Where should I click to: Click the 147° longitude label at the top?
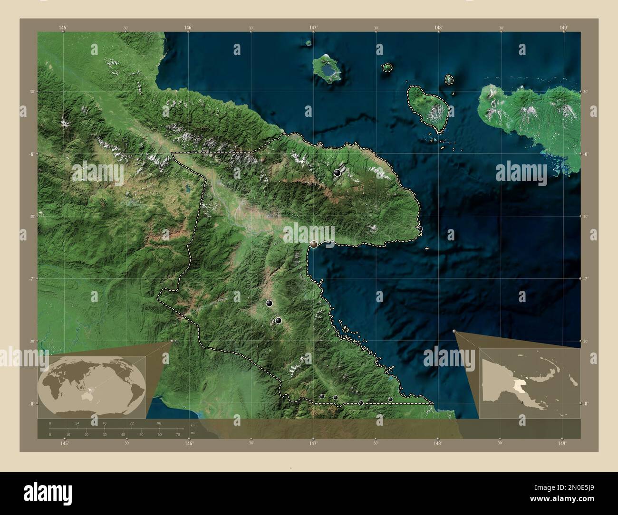(x=313, y=28)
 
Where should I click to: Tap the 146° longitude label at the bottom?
(x=189, y=444)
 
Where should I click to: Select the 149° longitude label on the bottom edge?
(x=562, y=444)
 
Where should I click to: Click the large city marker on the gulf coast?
(x=314, y=244)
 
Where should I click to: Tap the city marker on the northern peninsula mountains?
(x=338, y=172)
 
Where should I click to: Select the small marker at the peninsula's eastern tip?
(x=420, y=229)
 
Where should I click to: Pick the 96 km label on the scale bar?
(x=159, y=423)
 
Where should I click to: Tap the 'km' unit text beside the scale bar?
(x=193, y=424)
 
